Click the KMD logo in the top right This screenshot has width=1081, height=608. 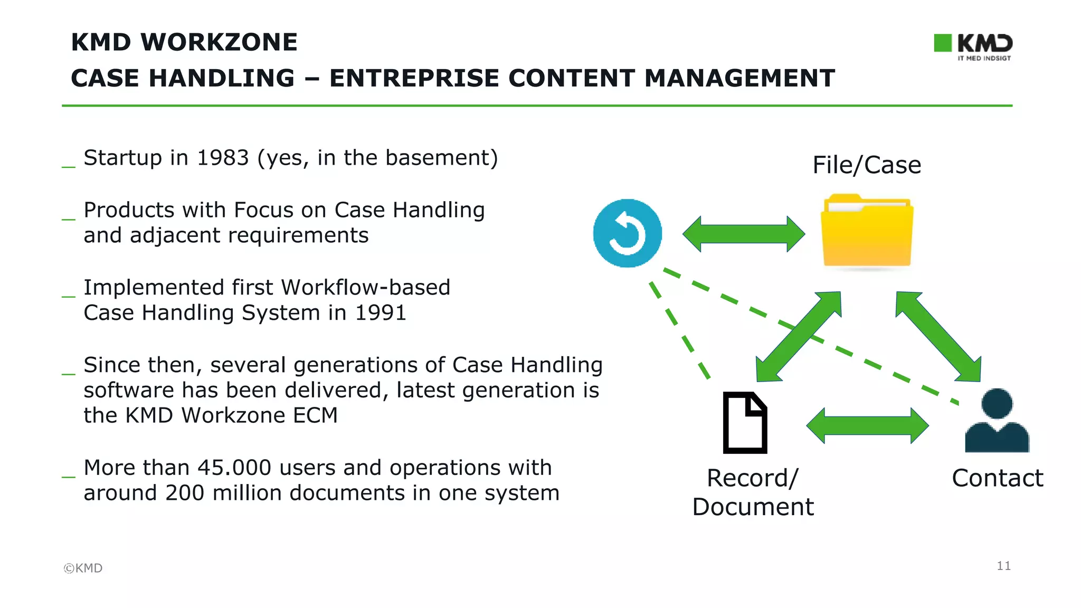pyautogui.click(x=973, y=46)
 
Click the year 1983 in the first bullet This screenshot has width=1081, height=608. pyautogui.click(x=222, y=158)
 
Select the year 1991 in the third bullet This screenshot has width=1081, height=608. pyautogui.click(x=381, y=313)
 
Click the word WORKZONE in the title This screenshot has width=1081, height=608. pyautogui.click(x=219, y=42)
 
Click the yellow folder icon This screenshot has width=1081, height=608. pyautogui.click(x=867, y=232)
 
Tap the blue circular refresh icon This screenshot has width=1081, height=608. pyautogui.click(x=627, y=233)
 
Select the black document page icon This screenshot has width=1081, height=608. pyautogui.click(x=744, y=423)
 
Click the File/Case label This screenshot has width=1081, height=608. pyautogui.click(x=867, y=165)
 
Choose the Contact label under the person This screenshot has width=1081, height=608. pyautogui.click(x=997, y=478)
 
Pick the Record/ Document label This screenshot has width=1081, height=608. pyautogui.click(x=753, y=492)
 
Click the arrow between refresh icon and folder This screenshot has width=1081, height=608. pyautogui.click(x=743, y=234)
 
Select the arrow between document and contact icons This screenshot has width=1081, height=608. pyautogui.click(x=867, y=425)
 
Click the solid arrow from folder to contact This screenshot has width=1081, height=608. pyautogui.click(x=938, y=337)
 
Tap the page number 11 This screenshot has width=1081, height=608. pyautogui.click(x=1003, y=566)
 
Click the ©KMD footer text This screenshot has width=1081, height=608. pyautogui.click(x=83, y=568)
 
